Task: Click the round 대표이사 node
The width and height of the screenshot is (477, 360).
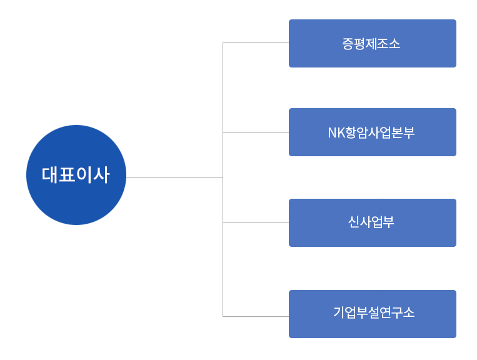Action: pos(76,175)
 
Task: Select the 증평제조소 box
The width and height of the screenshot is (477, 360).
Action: pos(373,44)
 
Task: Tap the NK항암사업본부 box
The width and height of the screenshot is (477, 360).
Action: pos(373,132)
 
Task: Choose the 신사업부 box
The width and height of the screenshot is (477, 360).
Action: pos(373,223)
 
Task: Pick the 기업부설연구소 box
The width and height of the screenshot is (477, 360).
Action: pos(373,314)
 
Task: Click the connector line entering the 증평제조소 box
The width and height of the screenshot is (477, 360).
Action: pos(256,43)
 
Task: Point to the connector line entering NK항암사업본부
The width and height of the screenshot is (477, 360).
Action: pos(256,133)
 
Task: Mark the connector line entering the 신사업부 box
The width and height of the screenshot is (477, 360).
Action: pos(256,223)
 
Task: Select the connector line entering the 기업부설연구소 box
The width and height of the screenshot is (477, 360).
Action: pos(256,316)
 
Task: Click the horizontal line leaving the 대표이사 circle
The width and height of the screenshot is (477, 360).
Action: pos(174,177)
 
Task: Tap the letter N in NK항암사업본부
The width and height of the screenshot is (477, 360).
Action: pos(332,133)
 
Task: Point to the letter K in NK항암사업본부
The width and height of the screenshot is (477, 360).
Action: pos(341,133)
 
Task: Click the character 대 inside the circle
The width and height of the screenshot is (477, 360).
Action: pos(49,175)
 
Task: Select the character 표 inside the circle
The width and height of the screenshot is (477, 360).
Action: pos(67,175)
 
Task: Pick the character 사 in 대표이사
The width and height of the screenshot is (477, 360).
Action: pos(101,175)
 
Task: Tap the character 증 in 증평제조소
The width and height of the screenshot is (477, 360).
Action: pos(349,44)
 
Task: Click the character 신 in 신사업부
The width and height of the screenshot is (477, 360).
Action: pos(354,222)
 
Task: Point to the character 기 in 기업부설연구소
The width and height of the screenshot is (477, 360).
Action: pos(340,312)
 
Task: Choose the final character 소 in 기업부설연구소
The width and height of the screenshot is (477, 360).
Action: pos(408,312)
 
